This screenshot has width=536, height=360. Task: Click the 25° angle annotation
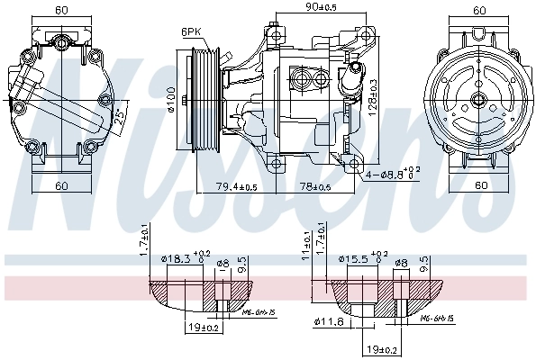tap(118, 118)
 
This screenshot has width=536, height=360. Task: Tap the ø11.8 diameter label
tap(329, 322)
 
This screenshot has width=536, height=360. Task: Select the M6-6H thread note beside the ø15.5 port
tap(437, 319)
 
